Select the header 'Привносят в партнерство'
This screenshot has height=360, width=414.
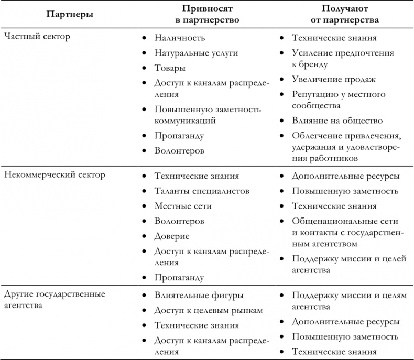pos(207,14)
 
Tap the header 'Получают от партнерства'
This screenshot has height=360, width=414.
pos(343,14)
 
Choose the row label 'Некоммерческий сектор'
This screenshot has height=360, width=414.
pos(55,174)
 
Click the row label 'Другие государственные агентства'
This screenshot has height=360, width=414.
pos(55,300)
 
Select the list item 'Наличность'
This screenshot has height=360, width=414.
pos(180,38)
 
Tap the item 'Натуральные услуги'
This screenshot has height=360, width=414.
pos(197,53)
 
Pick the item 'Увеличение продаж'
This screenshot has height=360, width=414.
pos(334,79)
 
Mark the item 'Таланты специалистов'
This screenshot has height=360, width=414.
pos(202,191)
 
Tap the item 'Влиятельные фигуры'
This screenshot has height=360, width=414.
pos(199,295)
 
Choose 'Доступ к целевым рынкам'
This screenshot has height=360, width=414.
pos(209,310)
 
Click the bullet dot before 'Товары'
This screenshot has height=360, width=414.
pos(144,68)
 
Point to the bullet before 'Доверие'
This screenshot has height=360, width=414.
pos(144,236)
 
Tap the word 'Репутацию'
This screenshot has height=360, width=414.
pos(315,94)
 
